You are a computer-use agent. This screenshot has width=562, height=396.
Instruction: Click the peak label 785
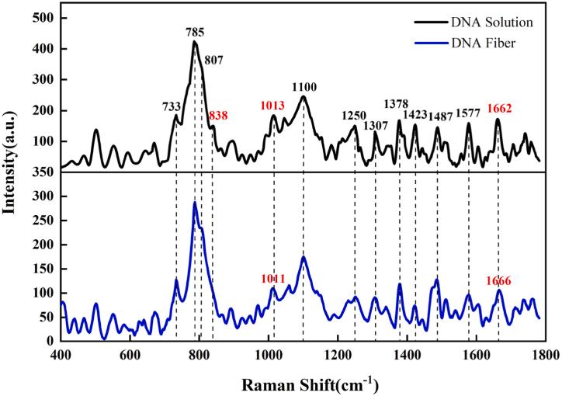[196, 33]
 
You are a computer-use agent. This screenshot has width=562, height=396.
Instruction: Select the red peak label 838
[218, 116]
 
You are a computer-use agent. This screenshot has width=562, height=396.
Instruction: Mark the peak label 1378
[397, 104]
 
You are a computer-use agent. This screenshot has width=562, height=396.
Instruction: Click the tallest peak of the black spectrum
[195, 41]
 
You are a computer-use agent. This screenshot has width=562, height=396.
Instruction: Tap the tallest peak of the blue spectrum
[195, 203]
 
